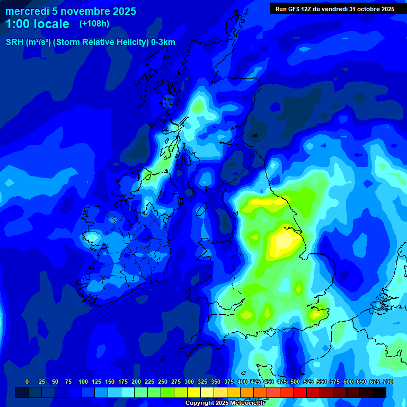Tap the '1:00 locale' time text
pos(37,24)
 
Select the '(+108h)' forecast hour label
pos(94,24)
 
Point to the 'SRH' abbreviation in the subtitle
pos(14,42)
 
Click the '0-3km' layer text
pos(163,42)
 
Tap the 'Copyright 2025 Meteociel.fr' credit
pos(225,403)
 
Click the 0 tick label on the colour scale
pos(27,382)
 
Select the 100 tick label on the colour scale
pos(83,382)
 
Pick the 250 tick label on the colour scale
pos(162,382)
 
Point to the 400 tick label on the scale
pos(242,382)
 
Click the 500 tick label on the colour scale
pos(295,382)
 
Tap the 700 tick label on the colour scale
pos(387,382)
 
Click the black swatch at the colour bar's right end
pos(379,392)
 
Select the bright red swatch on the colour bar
pos(300,392)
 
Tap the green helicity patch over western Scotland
pos(198,106)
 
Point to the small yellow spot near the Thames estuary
pos(316,314)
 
